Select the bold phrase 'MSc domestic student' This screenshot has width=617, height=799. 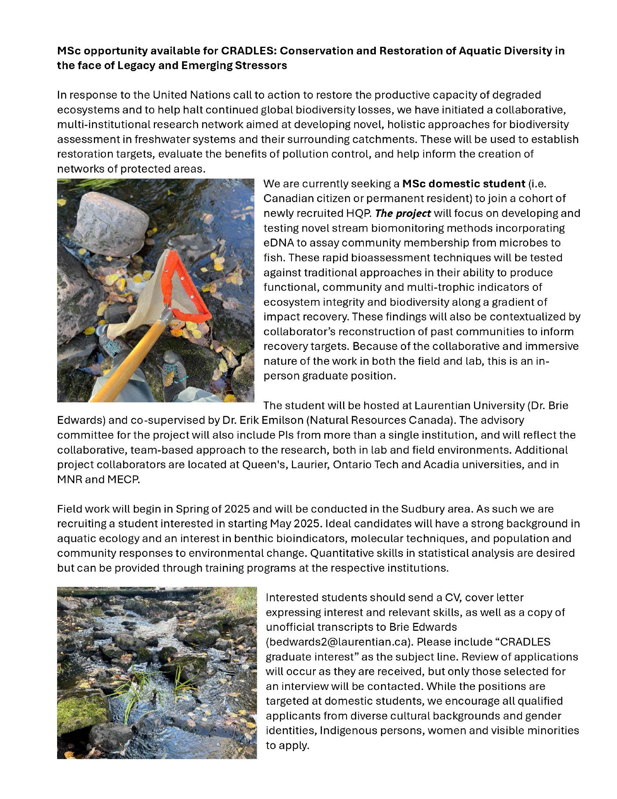point(463,184)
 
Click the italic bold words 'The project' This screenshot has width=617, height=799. point(403,213)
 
